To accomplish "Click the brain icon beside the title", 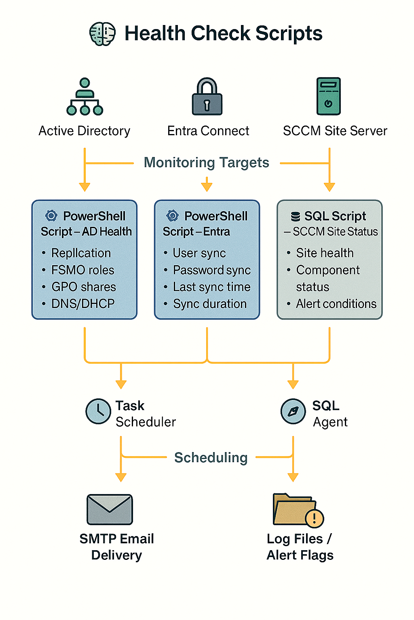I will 102,34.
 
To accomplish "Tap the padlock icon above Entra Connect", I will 207,97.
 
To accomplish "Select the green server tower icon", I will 328,96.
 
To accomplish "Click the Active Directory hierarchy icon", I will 84,97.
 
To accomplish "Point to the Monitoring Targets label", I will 206,163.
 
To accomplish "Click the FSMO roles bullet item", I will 82,270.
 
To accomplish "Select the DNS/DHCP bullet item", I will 83,304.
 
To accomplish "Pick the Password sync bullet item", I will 212,270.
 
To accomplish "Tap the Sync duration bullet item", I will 209,304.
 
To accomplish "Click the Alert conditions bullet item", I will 336,304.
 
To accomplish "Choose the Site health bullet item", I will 325,253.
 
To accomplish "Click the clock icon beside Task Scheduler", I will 98,411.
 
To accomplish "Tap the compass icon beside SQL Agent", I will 293,411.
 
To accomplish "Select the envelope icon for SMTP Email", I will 110,509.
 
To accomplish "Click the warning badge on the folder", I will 314,518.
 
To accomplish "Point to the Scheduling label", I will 211,458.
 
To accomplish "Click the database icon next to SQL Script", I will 296,217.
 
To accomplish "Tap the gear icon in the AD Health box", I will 51,216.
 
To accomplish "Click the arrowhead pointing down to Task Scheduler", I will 121,384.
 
